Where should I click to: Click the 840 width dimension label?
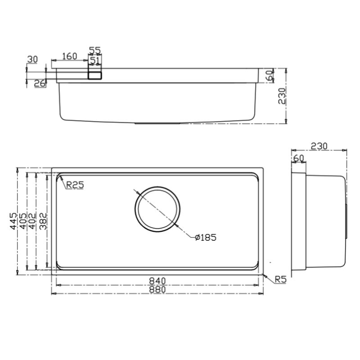157,281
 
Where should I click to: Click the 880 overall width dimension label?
157,289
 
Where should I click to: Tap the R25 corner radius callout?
75,185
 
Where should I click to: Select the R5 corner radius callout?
281,279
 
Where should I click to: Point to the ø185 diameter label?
206,238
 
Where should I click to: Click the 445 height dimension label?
13,221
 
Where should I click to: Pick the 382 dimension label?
43,221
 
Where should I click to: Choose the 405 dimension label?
23,221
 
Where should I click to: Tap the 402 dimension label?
32,221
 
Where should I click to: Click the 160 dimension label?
70,56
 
